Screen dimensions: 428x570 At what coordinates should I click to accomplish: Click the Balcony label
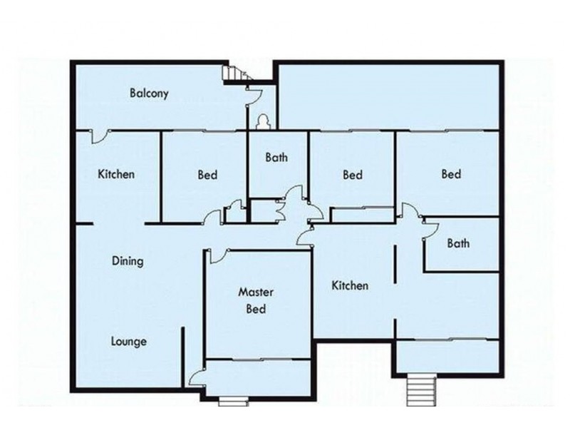[x=149, y=93]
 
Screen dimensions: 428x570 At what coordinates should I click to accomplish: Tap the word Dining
[x=128, y=261]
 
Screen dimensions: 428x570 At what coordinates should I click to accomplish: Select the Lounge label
[x=129, y=341]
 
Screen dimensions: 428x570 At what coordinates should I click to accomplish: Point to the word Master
[x=256, y=292]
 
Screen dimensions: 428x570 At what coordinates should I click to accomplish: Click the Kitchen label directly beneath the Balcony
[x=116, y=174]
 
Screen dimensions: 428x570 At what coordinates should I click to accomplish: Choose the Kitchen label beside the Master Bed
[x=351, y=285]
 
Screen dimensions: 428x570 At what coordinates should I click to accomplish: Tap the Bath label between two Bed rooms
[x=276, y=158]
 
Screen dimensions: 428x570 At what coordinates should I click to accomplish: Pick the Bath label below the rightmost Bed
[x=458, y=243]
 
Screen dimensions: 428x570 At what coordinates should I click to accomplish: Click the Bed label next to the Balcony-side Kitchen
[x=207, y=175]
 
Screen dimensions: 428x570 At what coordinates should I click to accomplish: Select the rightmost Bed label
[x=451, y=174]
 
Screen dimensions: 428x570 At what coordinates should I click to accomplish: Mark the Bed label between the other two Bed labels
[x=353, y=175]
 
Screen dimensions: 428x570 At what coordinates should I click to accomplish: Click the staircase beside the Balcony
[x=234, y=73]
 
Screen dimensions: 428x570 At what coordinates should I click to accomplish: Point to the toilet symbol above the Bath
[x=263, y=123]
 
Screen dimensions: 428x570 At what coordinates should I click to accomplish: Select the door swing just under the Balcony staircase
[x=253, y=94]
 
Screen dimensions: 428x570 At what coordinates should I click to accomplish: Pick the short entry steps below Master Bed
[x=232, y=400]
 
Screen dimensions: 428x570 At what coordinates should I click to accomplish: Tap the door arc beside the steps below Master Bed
[x=197, y=377]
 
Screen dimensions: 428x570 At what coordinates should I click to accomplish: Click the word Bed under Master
[x=256, y=310]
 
